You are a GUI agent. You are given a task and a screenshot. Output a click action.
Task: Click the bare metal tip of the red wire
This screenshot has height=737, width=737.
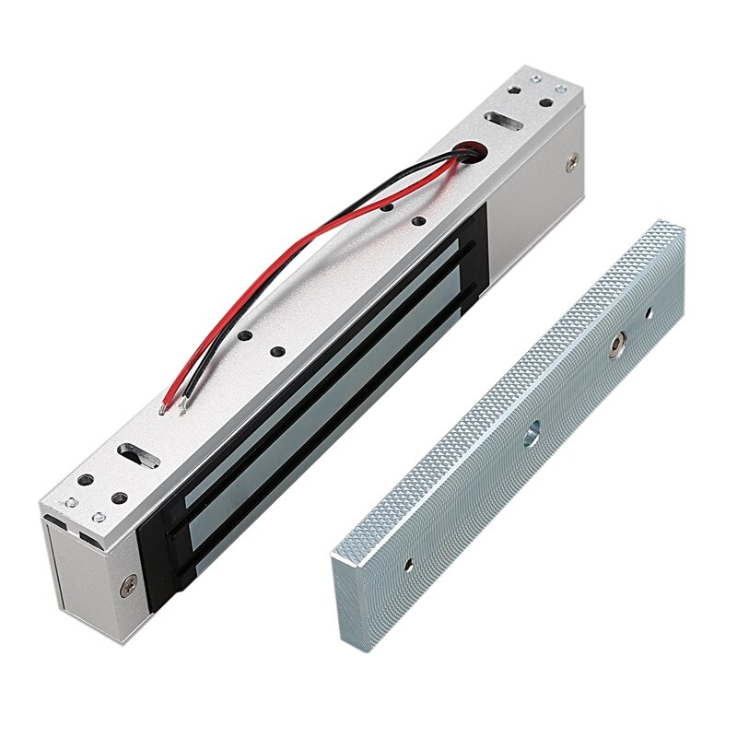tap(163, 411)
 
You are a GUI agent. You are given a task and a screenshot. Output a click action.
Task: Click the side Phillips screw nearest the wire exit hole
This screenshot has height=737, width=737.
tap(575, 163)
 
